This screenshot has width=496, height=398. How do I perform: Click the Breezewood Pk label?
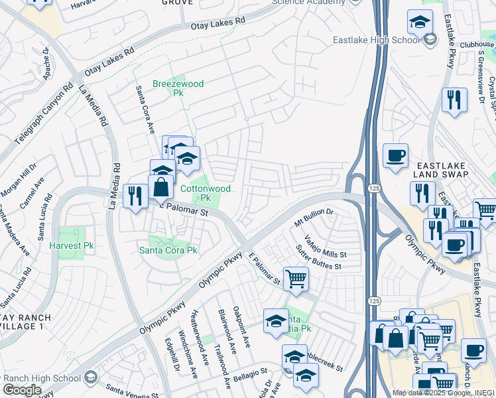(178, 88)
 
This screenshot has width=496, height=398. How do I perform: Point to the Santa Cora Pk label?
(168, 250)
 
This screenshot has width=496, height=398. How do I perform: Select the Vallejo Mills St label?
(325, 248)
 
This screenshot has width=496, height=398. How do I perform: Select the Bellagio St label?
(249, 375)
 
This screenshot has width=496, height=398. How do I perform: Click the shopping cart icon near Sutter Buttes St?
(295, 279)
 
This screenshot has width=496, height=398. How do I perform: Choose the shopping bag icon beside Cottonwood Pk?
(160, 187)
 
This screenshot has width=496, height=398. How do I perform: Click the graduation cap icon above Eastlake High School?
(419, 23)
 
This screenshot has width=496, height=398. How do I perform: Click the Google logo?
(22, 390)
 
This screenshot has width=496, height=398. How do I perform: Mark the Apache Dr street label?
(47, 64)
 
